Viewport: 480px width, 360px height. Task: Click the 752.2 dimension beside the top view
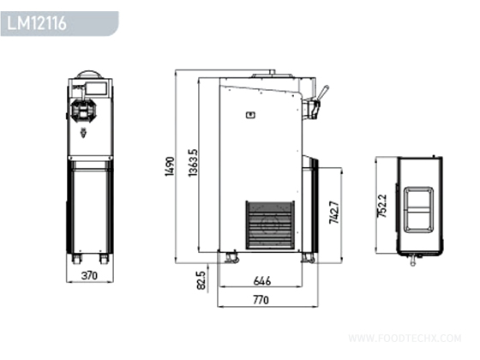tap(382, 205)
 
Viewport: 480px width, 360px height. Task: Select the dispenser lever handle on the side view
tap(323, 93)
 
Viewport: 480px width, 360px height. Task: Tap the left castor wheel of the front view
tap(75, 258)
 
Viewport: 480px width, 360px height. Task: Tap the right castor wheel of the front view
tap(104, 258)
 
